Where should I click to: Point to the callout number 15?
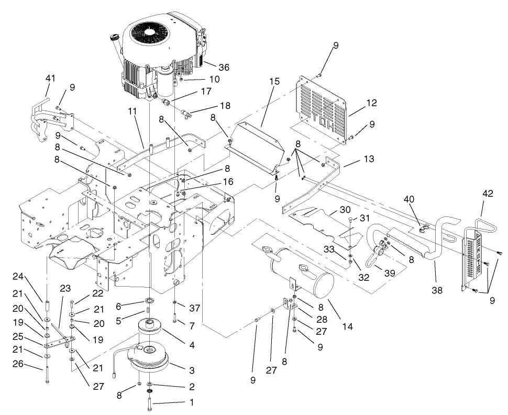click(275, 82)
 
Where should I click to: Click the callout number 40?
click(409, 199)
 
